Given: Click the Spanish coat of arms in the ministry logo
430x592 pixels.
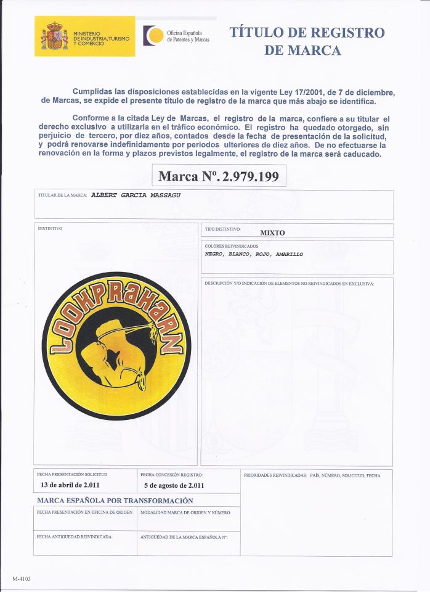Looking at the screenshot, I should point(54,36).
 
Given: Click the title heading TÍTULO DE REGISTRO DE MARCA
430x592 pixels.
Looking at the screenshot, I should point(306,41).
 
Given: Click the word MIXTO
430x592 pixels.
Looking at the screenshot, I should point(272,232).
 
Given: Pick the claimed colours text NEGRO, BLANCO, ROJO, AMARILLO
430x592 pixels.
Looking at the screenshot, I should point(254,253).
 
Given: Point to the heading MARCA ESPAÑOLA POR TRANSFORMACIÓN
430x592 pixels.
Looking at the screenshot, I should point(115,501).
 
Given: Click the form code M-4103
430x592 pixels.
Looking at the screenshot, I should point(21,578).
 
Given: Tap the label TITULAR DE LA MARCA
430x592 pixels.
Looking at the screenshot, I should point(62,195).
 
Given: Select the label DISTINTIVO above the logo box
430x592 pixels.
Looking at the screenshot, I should point(51,228).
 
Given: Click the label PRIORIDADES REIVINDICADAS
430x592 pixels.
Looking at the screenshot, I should point(274,475).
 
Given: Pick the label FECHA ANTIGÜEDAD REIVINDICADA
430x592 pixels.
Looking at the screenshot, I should point(75,537).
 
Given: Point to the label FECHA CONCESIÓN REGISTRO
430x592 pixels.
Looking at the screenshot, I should point(171,475).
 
